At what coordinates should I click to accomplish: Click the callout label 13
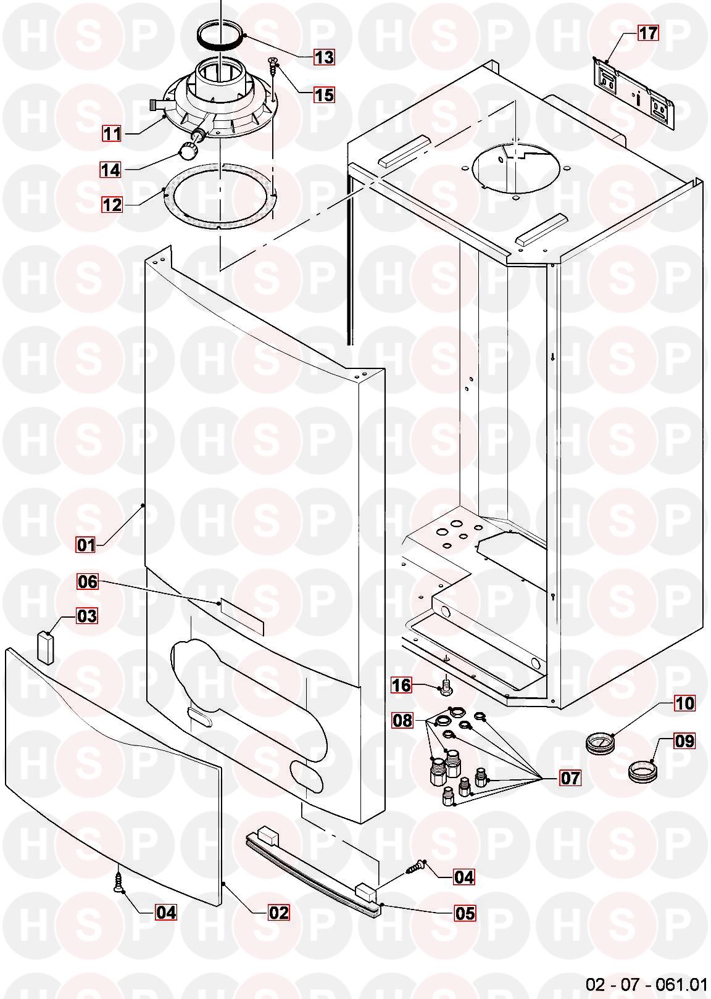[324, 57]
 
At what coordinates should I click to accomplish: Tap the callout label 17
[648, 33]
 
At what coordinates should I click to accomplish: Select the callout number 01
[86, 545]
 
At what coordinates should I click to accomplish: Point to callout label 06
[88, 581]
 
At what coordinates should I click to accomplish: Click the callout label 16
[401, 684]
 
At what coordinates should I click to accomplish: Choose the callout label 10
[684, 703]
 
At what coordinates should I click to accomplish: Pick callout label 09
[684, 741]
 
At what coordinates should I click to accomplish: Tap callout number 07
[570, 778]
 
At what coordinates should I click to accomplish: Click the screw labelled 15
[273, 76]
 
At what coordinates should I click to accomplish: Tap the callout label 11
[112, 133]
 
